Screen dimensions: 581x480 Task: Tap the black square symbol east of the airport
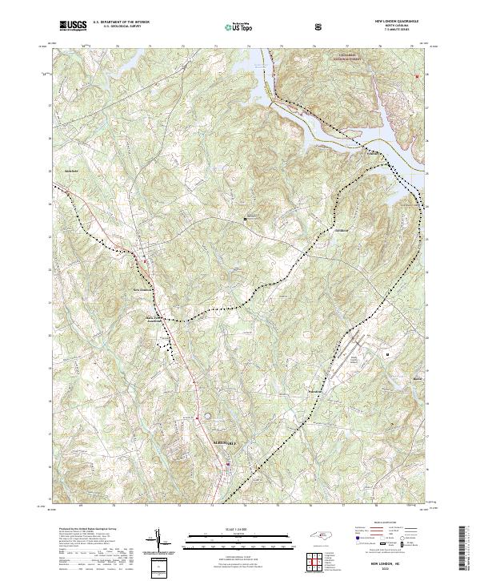(388, 353)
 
